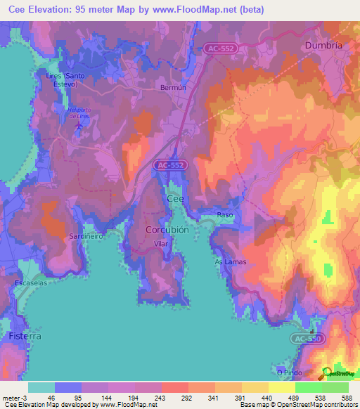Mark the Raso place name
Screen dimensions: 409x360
pos(225,215)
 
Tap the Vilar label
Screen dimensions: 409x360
pos(162,244)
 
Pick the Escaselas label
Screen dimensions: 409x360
pos(30,283)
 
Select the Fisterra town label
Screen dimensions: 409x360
pos(25,337)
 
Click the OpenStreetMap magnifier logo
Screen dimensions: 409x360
pos(326,372)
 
